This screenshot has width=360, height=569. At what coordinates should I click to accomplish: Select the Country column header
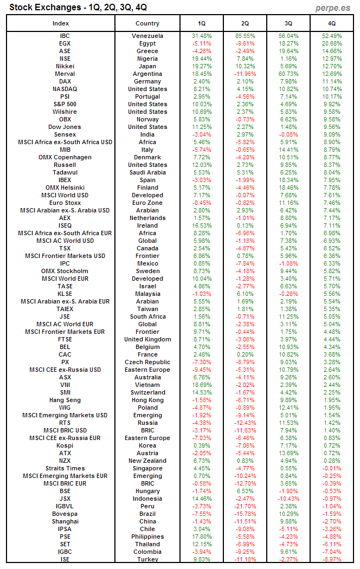click(147, 23)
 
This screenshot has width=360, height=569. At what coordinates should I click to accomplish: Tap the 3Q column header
click(288, 23)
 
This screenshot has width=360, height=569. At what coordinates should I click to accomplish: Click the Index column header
click(61, 23)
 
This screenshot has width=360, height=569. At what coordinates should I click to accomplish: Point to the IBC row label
click(65, 36)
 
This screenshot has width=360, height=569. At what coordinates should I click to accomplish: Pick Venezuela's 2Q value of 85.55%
click(245, 36)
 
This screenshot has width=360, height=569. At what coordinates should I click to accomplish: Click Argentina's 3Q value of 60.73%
click(288, 74)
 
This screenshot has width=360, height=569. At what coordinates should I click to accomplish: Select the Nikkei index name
click(65, 66)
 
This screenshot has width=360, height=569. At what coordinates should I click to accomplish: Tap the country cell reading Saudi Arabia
click(147, 172)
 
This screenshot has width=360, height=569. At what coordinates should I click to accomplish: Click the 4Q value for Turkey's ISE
click(332, 559)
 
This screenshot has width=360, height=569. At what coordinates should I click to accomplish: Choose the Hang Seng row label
click(65, 400)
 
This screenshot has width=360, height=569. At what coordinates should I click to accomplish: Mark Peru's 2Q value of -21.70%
click(245, 506)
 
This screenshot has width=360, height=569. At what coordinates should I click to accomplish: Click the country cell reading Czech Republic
click(147, 362)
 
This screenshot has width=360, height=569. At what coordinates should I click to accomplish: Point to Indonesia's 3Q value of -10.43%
click(288, 499)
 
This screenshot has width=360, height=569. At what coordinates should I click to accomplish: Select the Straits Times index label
click(65, 468)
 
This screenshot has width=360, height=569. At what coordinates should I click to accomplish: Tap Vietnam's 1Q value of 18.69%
click(202, 385)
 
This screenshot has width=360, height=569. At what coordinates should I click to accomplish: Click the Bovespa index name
click(65, 514)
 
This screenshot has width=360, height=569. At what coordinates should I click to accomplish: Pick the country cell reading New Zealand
click(147, 461)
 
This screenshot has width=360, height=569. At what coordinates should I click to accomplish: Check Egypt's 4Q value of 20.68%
click(332, 43)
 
